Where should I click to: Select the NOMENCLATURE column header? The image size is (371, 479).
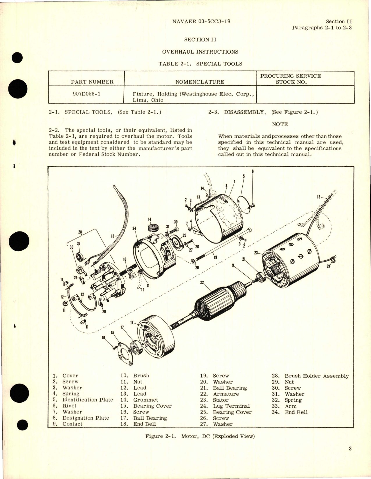[x=200, y=82]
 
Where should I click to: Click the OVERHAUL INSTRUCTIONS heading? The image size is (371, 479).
[x=200, y=52]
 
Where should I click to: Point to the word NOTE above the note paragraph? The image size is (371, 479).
[x=280, y=124]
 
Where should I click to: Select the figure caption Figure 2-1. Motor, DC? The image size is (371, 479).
[x=200, y=436]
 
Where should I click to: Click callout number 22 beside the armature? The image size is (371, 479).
[x=202, y=282]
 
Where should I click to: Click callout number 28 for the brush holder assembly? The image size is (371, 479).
[x=80, y=232]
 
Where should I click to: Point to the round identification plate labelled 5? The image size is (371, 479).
[x=244, y=203]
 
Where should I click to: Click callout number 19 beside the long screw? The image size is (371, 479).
[x=215, y=257]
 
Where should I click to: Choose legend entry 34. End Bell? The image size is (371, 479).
[x=290, y=412]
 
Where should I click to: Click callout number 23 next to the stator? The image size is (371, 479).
[x=256, y=253]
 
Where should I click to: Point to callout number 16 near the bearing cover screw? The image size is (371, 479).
[x=103, y=337]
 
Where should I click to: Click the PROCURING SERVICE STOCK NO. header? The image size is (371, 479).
[x=290, y=79]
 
